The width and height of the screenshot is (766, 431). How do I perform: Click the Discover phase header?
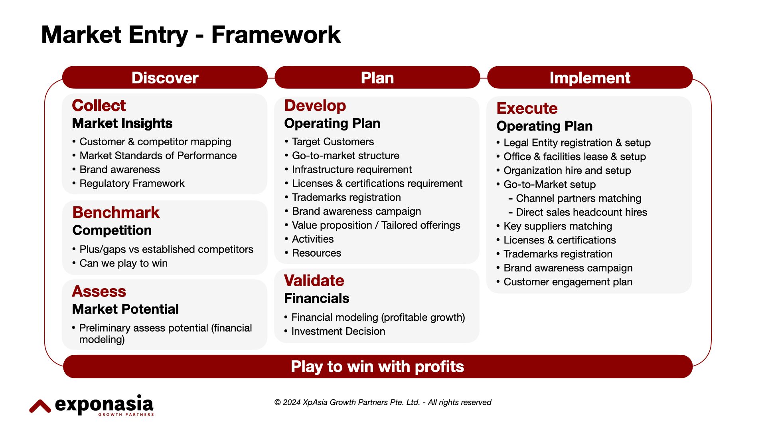pyautogui.click(x=165, y=77)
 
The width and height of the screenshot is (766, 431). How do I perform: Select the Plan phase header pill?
pyautogui.click(x=377, y=77)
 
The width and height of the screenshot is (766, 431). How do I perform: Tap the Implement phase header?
pyautogui.click(x=590, y=77)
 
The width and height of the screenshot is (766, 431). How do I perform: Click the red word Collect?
pyautogui.click(x=99, y=105)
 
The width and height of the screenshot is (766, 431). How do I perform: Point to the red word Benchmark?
pyautogui.click(x=116, y=212)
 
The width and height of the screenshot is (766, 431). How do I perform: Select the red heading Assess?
pyautogui.click(x=99, y=291)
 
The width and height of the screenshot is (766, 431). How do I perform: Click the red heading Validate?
pyautogui.click(x=314, y=281)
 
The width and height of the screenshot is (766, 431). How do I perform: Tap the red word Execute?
pyautogui.click(x=527, y=108)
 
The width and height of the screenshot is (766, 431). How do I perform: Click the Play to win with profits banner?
pyautogui.click(x=377, y=366)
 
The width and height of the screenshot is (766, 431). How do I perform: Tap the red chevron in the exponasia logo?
pyautogui.click(x=40, y=406)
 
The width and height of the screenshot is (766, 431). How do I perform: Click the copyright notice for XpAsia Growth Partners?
pyautogui.click(x=383, y=402)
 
